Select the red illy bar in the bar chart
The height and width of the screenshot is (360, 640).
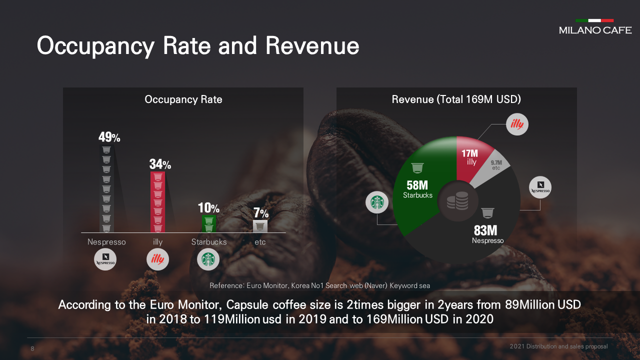(x=157, y=202)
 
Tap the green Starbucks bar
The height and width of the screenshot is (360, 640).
(x=209, y=224)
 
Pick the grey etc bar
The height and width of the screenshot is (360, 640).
(x=260, y=226)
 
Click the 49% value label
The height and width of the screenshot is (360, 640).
(x=109, y=137)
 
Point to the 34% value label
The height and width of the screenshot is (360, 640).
(x=160, y=164)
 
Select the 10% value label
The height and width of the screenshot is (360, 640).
(x=208, y=208)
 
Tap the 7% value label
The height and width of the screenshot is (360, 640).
(x=260, y=213)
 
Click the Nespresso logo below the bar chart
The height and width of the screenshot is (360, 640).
(x=105, y=259)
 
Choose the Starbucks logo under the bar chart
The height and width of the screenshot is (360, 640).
(x=208, y=259)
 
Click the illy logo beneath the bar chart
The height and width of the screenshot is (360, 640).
(x=157, y=259)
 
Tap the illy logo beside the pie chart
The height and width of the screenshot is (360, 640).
(x=517, y=124)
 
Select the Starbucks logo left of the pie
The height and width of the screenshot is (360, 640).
(x=377, y=202)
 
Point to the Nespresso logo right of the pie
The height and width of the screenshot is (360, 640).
(x=540, y=187)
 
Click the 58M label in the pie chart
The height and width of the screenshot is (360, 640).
(x=417, y=185)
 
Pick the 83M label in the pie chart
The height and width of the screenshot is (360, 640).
(x=485, y=230)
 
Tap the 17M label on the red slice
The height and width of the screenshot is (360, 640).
(x=470, y=153)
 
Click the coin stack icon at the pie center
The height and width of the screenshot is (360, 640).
(x=457, y=201)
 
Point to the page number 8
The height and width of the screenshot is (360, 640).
(x=32, y=349)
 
